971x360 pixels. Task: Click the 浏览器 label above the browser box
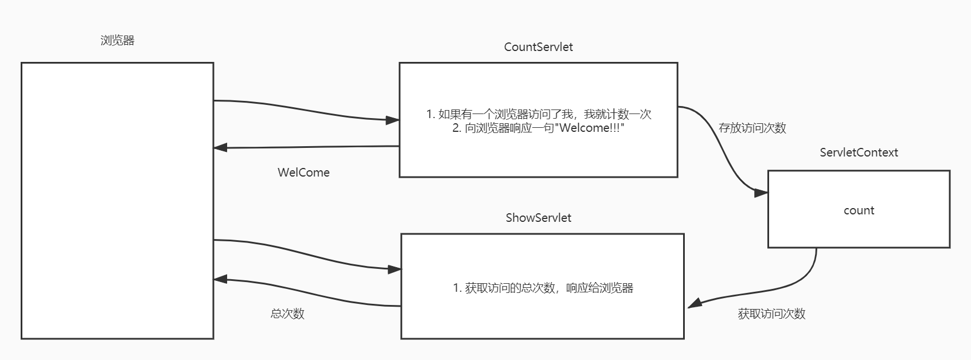(117, 41)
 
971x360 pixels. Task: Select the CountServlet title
(538, 47)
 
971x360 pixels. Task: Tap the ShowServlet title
(538, 218)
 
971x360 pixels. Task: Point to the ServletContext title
(859, 152)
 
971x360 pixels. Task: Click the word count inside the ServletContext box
(859, 210)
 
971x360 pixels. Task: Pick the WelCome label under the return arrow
(303, 173)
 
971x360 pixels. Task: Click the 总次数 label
(287, 314)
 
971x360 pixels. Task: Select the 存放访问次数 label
(752, 128)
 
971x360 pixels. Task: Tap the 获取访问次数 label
(771, 314)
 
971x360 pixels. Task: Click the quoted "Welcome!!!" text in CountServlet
(590, 128)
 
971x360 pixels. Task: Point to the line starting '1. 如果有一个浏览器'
(539, 114)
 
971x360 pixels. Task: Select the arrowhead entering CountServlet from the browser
(393, 120)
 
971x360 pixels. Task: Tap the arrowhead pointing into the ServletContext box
(761, 193)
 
